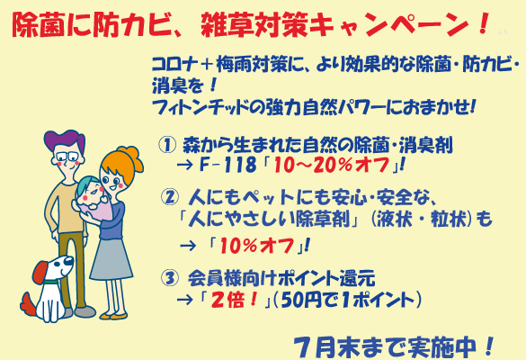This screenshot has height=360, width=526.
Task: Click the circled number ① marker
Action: coord(167,146)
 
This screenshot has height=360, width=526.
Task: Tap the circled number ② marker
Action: coord(170,197)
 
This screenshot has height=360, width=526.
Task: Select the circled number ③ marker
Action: coord(169,278)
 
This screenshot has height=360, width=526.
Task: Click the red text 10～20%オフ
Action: coord(332,166)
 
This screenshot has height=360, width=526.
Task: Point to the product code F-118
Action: coord(227,165)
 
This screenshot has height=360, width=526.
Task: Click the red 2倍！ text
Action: coord(234,300)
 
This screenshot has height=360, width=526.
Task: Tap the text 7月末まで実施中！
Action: coord(394,347)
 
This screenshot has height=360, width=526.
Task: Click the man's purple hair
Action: coord(65,139)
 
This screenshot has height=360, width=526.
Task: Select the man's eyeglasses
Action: coord(68,157)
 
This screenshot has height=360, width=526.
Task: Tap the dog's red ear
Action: coord(41,271)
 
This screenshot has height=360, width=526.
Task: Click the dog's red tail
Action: coord(28,303)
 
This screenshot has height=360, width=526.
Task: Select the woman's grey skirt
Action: coord(111,259)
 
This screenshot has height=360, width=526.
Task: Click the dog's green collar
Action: coord(51,282)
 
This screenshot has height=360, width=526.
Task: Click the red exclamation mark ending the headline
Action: coord(484,23)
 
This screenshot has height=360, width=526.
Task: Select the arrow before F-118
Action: coord(185,165)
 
